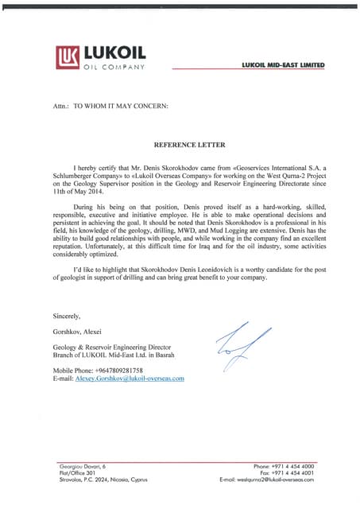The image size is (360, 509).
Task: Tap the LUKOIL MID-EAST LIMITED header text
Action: (x=285, y=64)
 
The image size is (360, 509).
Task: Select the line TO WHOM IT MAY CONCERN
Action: (x=121, y=105)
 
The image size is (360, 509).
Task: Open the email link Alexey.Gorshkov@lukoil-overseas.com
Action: (x=130, y=379)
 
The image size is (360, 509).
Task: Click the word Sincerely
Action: (x=67, y=316)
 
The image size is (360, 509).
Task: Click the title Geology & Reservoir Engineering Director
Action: (x=118, y=348)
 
